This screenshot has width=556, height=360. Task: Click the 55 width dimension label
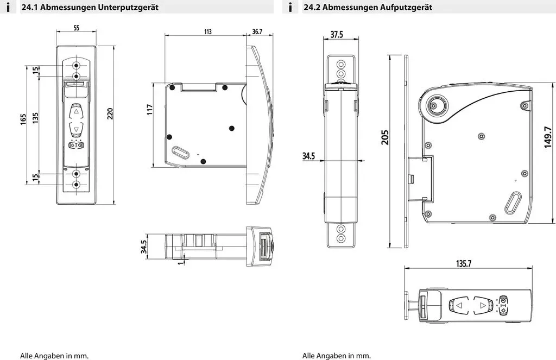point(76,28)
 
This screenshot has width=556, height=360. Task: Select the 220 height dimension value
point(110,113)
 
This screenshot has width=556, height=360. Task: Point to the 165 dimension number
point(23,119)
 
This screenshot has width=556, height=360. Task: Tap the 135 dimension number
point(35,118)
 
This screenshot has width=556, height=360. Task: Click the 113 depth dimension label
point(208,32)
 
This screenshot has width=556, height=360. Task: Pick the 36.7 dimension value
point(257,32)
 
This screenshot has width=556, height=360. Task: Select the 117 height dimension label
point(150,109)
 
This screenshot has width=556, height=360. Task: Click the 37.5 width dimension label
point(337,34)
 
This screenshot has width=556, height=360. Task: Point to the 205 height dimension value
point(385,137)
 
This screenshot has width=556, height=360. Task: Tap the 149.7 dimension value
point(548,137)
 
